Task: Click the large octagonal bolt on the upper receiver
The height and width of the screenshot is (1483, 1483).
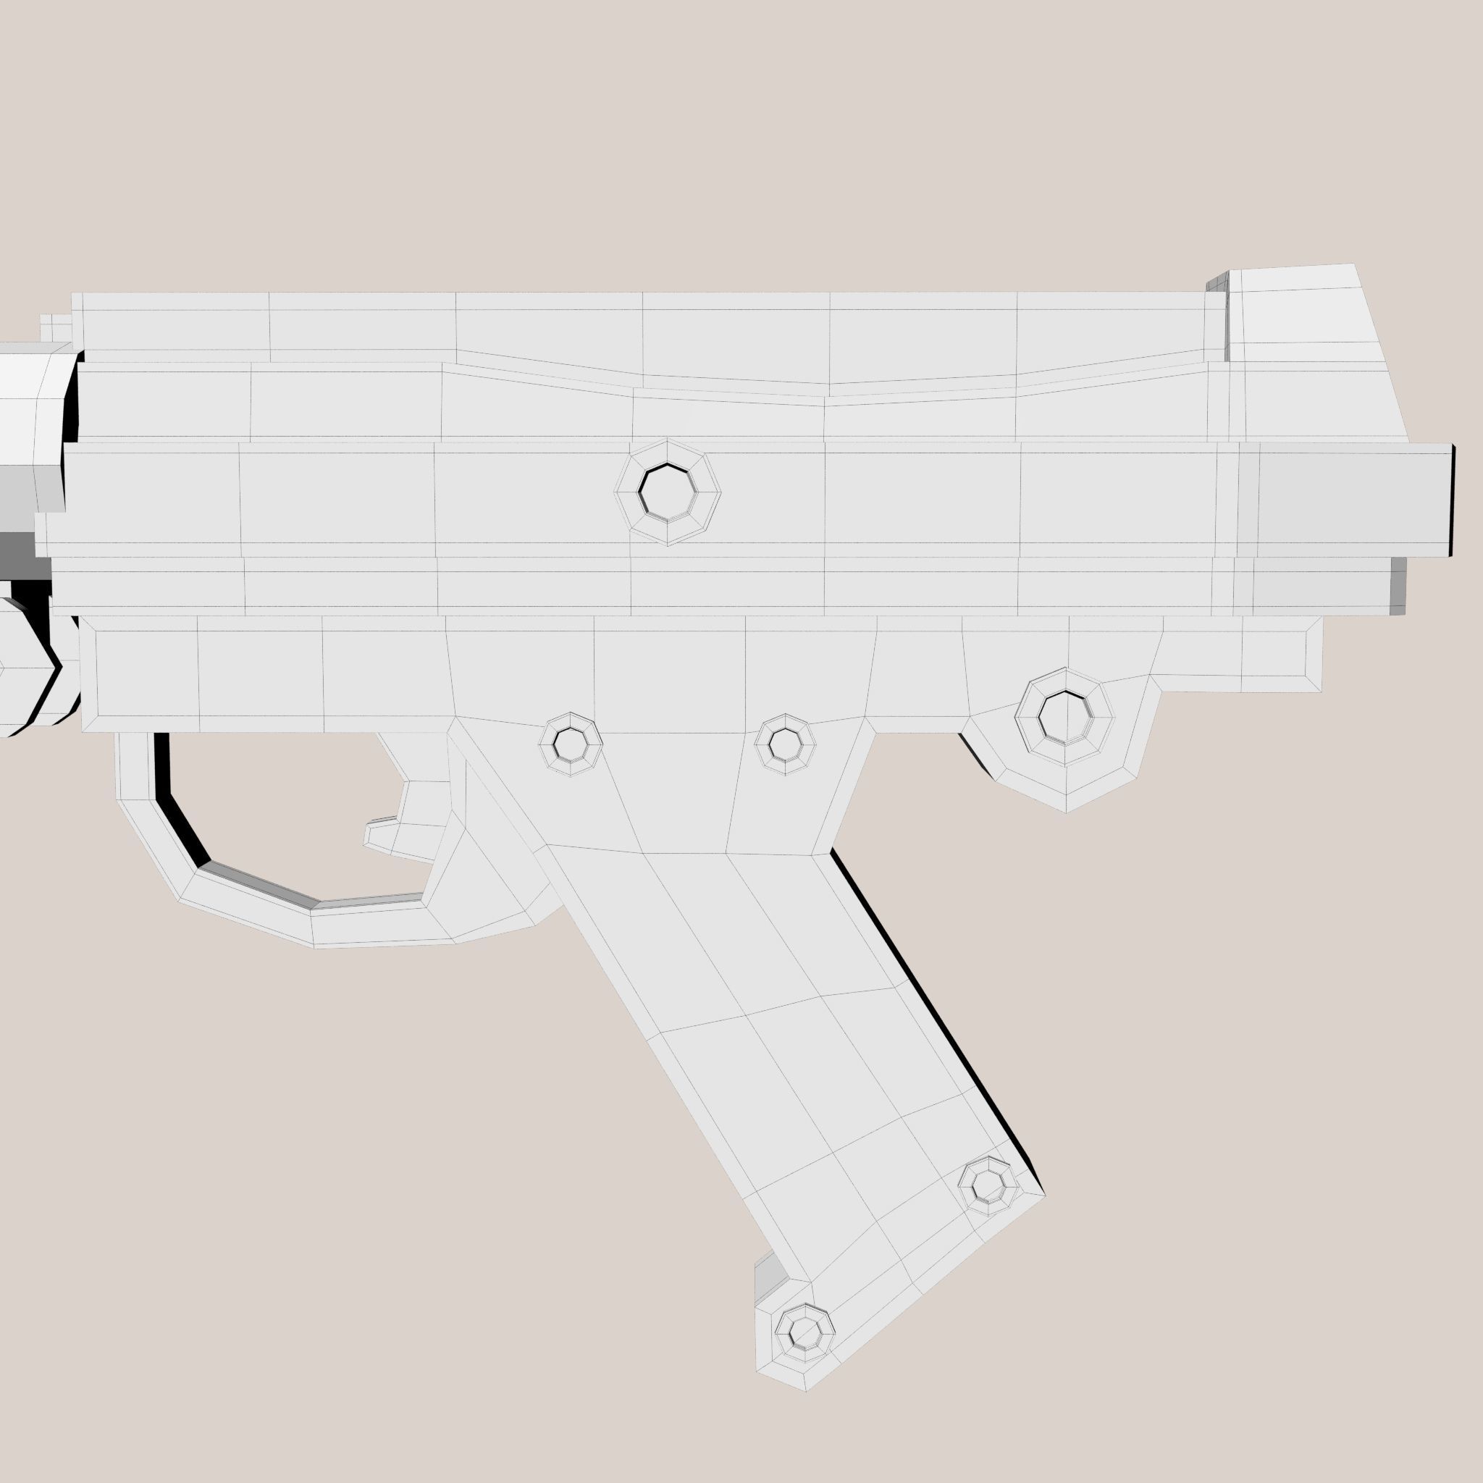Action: pos(667,492)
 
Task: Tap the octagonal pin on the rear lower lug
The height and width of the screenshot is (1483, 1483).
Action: pos(1064,717)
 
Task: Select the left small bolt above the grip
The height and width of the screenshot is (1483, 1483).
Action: pos(571,744)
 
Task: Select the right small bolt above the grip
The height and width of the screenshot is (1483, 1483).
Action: pos(784,744)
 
